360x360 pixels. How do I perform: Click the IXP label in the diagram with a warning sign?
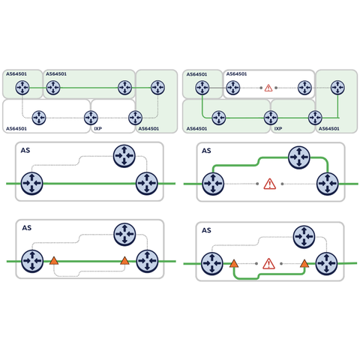coord(278,128)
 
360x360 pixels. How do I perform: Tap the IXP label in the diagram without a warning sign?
coord(97,128)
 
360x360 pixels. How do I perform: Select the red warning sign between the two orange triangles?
coord(268,264)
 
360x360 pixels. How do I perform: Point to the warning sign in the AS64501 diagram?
coord(268,88)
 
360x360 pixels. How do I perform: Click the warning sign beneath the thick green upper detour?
coord(270,184)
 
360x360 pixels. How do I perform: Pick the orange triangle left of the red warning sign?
coord(234,263)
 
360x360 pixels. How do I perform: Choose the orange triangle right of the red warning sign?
coord(304,263)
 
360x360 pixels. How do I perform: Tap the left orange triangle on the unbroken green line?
coord(54,260)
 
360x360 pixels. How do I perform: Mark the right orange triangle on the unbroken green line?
coord(124,260)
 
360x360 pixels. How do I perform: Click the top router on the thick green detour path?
coord(299,157)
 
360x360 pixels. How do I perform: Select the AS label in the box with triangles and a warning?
coord(206,230)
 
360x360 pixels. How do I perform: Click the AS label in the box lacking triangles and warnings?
coord(25,150)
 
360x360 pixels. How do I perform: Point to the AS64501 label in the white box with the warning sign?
coord(236,74)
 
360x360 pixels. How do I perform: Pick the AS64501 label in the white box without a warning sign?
coord(16,129)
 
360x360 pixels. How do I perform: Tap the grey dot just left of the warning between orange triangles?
coord(256,263)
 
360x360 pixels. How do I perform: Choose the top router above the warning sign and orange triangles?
coord(304,236)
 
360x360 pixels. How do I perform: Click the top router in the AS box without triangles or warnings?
coord(124,156)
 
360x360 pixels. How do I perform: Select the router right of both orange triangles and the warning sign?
coord(326,263)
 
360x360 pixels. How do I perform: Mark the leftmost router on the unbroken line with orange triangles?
coord(32,261)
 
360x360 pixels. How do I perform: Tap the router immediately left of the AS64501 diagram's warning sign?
coord(233,88)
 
